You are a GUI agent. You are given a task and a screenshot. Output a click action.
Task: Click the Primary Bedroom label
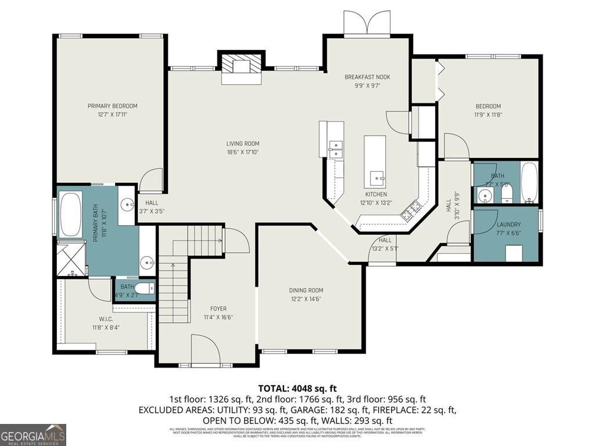tap(112, 106)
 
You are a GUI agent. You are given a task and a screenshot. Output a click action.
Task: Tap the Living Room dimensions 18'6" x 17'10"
tap(242, 152)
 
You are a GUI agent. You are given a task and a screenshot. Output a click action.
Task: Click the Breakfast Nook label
tap(367, 77)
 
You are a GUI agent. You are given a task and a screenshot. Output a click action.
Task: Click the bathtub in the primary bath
tap(71, 214)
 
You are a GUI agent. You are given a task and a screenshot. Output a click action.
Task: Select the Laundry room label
tap(508, 224)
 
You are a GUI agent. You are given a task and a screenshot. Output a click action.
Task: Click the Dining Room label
tap(306, 290)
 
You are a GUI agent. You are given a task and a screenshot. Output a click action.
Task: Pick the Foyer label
tap(218, 308)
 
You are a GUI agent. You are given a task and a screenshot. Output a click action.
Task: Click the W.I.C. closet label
tap(106, 319)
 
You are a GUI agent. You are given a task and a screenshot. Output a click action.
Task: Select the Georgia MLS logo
tap(33, 434)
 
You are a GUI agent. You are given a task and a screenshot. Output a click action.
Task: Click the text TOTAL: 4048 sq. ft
tap(297, 388)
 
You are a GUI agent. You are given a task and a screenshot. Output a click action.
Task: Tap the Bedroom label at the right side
tap(488, 106)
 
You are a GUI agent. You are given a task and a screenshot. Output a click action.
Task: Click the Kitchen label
tap(375, 194)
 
